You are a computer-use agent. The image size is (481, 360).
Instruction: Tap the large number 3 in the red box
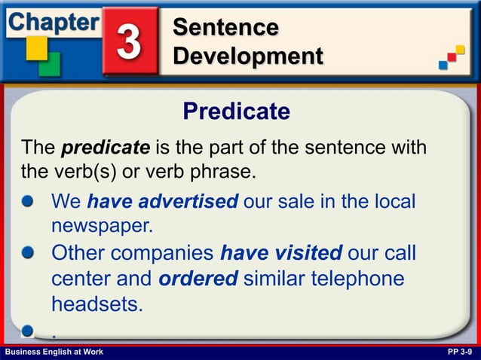pyautogui.click(x=130, y=41)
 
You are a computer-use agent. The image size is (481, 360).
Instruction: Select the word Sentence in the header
pyautogui.click(x=225, y=27)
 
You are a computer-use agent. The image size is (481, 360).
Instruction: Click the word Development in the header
pyautogui.click(x=247, y=56)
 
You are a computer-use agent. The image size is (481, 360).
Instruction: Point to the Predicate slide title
pyautogui.click(x=236, y=111)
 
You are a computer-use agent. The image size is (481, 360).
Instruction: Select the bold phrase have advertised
pyautogui.click(x=163, y=202)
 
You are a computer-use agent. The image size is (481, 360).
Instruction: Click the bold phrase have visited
pyautogui.click(x=281, y=252)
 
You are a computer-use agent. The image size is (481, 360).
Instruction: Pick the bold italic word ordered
pyautogui.click(x=198, y=278)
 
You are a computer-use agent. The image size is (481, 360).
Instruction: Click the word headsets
pyautogui.click(x=97, y=304)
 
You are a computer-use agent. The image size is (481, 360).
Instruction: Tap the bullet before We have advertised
pyautogui.click(x=29, y=202)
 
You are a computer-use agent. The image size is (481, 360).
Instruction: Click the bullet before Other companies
pyautogui.click(x=29, y=252)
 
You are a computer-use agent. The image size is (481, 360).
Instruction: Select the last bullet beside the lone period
pyautogui.click(x=29, y=330)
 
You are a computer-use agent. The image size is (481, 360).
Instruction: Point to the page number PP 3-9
pyautogui.click(x=460, y=352)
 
